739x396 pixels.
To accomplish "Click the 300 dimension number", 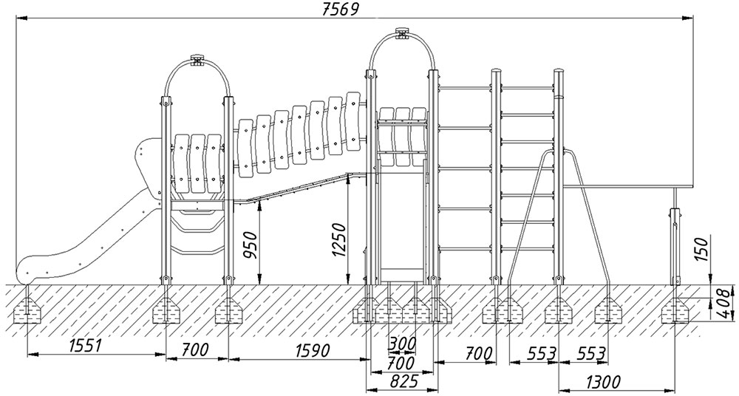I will pos(402,344).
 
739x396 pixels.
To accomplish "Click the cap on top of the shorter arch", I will pos(197,59).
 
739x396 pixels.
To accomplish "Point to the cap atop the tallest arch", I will pos(403,33).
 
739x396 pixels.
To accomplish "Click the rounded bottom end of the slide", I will pos(27,266).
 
